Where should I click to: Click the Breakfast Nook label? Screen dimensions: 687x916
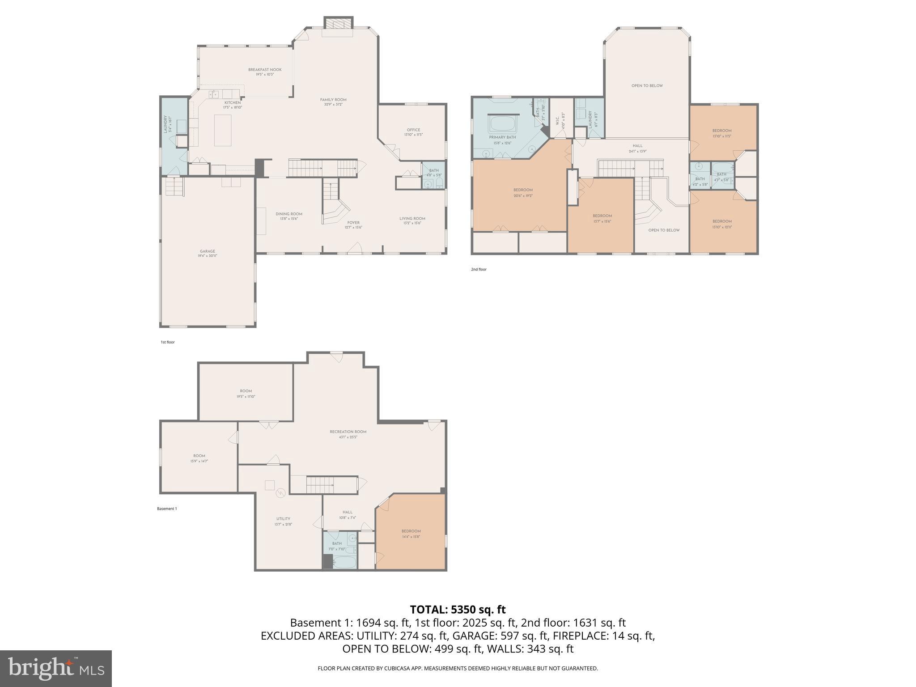click(265, 72)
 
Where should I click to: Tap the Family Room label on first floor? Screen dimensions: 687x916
click(333, 102)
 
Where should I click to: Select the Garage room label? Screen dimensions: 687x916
click(208, 253)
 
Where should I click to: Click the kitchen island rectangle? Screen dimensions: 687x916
click(222, 130)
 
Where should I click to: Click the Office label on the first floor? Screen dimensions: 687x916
click(413, 132)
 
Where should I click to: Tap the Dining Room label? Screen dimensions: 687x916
click(289, 216)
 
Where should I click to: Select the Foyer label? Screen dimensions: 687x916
click(353, 225)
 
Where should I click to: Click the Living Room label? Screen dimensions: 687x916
click(412, 221)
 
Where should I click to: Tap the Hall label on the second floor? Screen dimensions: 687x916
click(637, 148)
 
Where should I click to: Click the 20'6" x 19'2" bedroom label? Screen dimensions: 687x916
click(523, 192)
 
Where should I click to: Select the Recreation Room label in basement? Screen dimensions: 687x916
click(348, 434)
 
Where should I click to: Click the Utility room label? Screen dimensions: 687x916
click(284, 521)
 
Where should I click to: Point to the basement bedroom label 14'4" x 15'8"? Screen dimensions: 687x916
click(411, 534)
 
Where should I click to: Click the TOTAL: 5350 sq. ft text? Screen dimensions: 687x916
click(458, 609)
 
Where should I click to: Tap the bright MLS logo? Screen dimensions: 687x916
click(56, 668)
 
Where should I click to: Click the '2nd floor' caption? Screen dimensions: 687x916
click(478, 269)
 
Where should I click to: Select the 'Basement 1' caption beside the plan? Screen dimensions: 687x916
click(167, 509)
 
